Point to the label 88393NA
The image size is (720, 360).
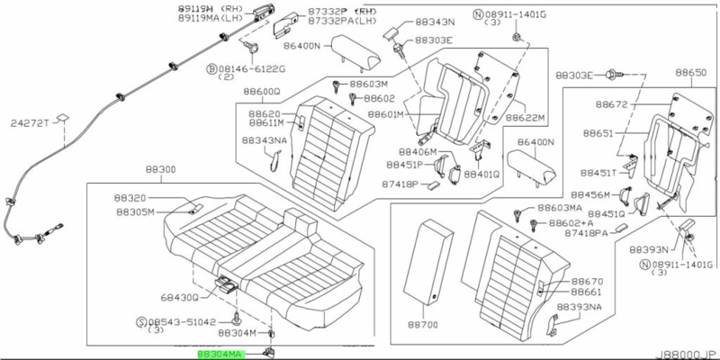(x=578, y=308)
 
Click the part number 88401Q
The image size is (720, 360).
(x=481, y=175)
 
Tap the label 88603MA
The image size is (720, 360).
(x=559, y=208)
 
